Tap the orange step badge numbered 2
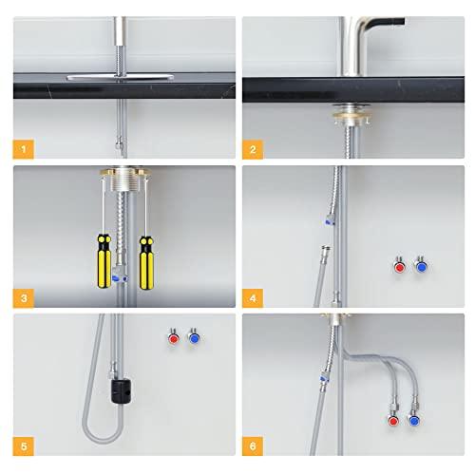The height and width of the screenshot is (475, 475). point(254,149)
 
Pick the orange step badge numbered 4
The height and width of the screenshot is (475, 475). point(254,297)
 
